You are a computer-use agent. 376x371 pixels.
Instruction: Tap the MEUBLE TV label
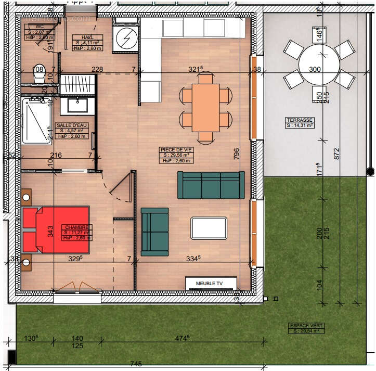209,284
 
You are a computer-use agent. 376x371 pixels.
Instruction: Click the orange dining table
205,108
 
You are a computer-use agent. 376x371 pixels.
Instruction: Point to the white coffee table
209,228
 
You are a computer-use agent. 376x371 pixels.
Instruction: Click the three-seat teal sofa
211,185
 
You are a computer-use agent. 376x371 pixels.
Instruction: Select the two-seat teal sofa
154,231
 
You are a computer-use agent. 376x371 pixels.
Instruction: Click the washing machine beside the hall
125,37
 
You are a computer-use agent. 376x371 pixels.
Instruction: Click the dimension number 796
237,154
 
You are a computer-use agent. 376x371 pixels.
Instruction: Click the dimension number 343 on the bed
50,231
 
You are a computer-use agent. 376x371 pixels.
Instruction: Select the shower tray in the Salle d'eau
35,121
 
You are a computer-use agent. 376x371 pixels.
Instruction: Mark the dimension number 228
97,70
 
